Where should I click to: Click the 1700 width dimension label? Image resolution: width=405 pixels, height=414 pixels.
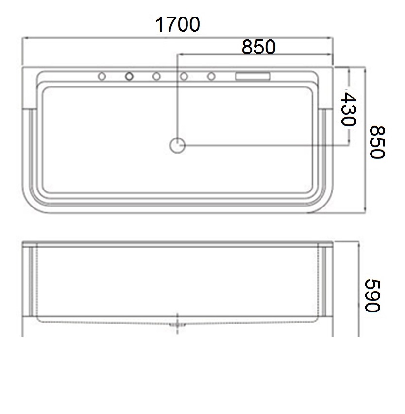click(178, 24)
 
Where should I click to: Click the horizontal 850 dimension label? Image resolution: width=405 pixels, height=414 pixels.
click(258, 47)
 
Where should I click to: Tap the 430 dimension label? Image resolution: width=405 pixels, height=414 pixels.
click(349, 109)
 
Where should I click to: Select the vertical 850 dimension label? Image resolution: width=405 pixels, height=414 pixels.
click(377, 142)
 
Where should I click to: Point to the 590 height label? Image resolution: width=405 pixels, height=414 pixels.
click(372, 296)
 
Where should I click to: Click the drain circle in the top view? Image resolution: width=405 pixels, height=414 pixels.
click(177, 145)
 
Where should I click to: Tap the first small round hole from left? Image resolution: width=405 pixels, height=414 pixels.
click(102, 77)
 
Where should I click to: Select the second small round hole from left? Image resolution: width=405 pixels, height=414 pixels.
click(129, 77)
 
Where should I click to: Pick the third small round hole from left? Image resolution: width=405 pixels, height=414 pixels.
click(156, 77)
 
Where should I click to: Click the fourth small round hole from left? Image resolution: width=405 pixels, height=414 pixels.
click(184, 77)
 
